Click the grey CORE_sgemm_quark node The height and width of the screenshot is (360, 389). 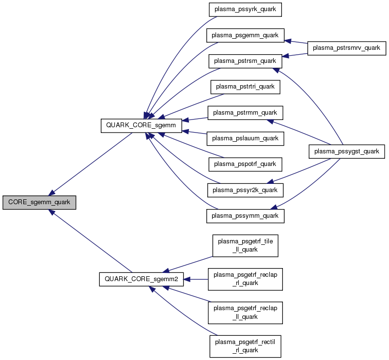[39, 203]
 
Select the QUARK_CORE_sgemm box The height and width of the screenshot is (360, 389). [140, 125]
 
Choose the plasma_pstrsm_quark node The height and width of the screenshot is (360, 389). [245, 61]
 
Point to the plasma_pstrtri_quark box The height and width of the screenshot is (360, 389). [245, 87]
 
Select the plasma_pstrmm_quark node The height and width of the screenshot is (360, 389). [245, 112]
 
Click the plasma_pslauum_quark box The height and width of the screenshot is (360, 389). [245, 138]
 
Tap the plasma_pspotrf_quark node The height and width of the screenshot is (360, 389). [245, 164]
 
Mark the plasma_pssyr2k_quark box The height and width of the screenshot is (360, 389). [245, 190]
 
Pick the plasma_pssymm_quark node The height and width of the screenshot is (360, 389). [245, 215]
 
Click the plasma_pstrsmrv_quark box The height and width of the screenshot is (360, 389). [347, 48]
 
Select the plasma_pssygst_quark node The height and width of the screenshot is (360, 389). [347, 151]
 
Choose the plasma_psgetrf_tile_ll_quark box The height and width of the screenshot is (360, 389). [245, 245]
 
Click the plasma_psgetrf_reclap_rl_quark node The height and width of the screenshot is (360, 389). [245, 279]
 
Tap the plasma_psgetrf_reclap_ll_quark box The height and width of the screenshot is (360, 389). [245, 313]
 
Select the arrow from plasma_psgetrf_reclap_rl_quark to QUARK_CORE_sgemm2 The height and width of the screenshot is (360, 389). [196, 279]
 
